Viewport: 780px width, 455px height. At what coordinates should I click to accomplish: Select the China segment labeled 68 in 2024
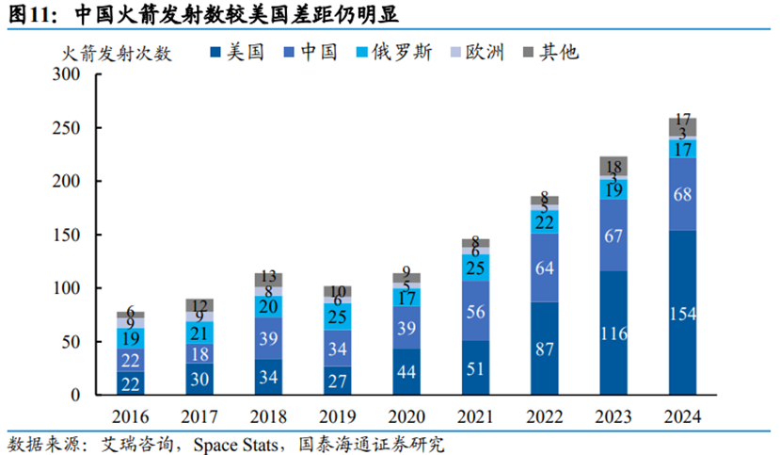click(683, 194)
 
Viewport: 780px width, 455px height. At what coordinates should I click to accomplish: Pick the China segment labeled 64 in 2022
click(545, 268)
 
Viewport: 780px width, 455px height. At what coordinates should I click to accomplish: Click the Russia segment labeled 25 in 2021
click(475, 268)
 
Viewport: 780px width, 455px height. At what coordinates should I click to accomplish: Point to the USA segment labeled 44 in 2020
click(406, 371)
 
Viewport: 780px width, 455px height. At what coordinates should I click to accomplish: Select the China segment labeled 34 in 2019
click(337, 348)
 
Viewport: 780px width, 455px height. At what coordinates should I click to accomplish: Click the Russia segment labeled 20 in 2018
click(268, 306)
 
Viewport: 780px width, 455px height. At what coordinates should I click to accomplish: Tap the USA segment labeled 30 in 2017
click(199, 379)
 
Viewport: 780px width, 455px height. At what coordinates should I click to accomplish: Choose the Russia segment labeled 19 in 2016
click(130, 337)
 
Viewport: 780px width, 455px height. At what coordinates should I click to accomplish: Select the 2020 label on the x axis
click(406, 415)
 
